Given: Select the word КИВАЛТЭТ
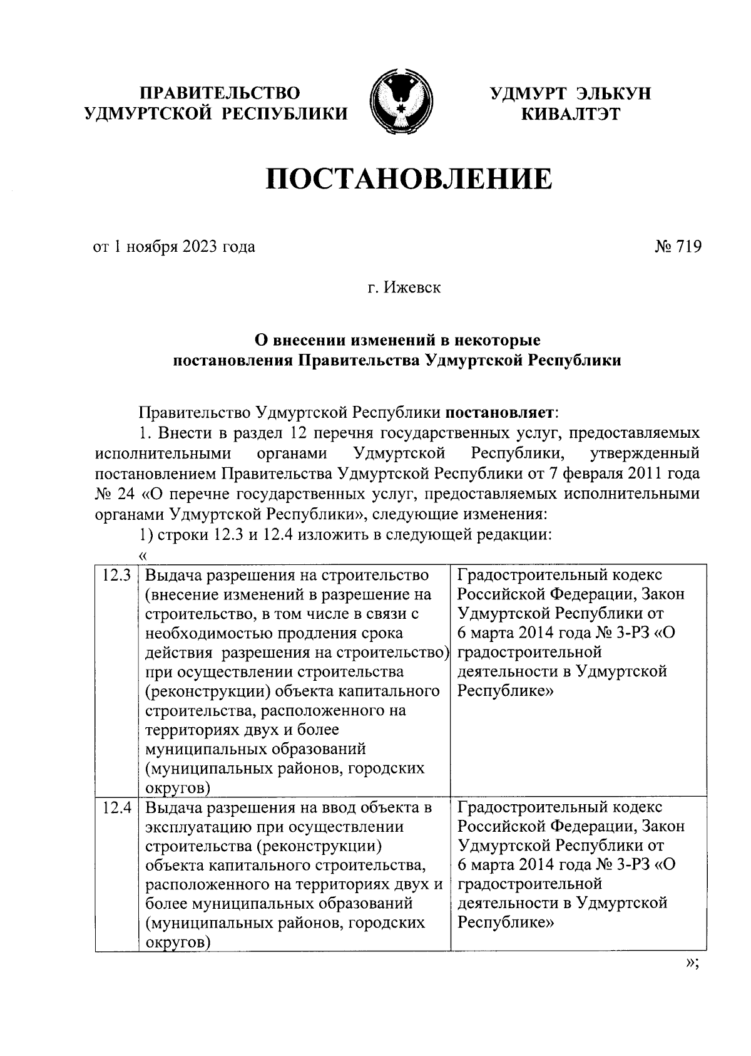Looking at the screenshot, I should point(570,114).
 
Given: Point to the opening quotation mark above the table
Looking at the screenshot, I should point(143,555).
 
